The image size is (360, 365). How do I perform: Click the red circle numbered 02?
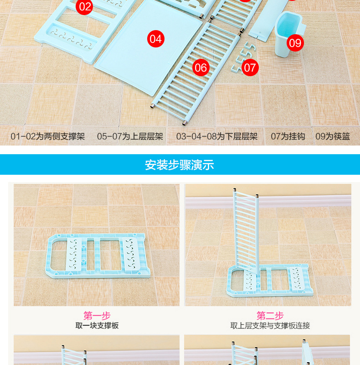[x=84, y=6]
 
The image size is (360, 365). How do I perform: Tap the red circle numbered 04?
[x=156, y=39]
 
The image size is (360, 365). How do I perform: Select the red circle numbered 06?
[x=201, y=68]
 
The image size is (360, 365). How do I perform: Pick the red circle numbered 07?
[x=250, y=68]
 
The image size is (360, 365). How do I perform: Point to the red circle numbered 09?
[x=295, y=43]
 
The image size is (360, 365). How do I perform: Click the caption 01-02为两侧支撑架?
[x=48, y=136]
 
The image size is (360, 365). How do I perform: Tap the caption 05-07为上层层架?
[x=130, y=136]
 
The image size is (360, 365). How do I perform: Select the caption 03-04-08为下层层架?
[x=217, y=136]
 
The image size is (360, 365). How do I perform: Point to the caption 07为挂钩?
[x=288, y=136]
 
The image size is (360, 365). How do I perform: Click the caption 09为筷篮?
[x=333, y=136]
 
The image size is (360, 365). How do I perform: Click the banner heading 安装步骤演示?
[x=179, y=165]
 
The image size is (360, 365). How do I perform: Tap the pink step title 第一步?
[x=97, y=316]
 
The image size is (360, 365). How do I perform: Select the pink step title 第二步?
[x=270, y=316]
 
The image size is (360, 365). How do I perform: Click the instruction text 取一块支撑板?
[x=97, y=325]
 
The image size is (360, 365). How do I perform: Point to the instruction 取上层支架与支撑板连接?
[x=270, y=325]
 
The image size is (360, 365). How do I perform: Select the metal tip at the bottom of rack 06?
[x=184, y=123]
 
